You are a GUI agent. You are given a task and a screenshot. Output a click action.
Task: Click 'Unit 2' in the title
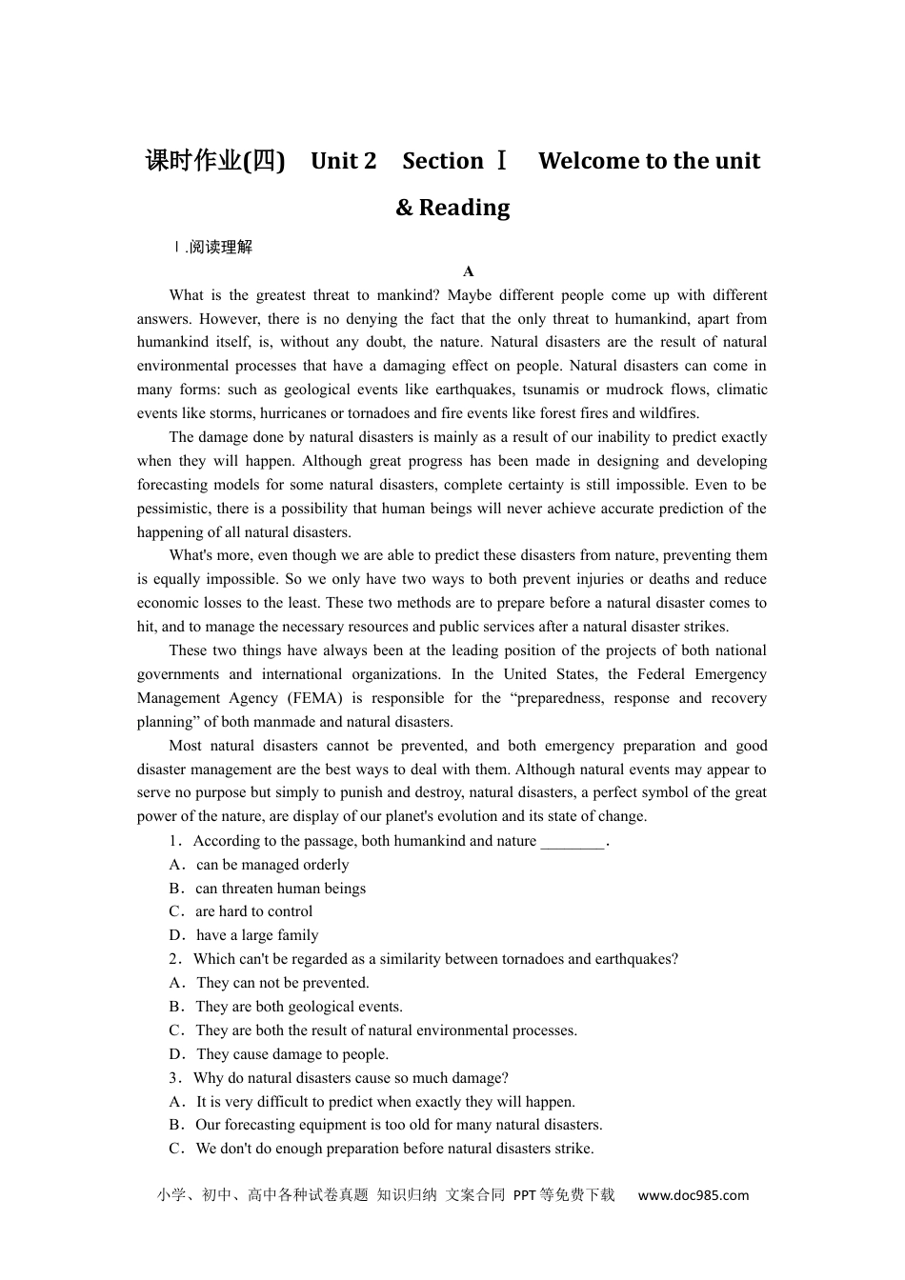point(343,161)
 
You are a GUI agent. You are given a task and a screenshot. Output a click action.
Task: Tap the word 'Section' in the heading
point(443,161)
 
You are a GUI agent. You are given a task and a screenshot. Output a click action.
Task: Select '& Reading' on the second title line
point(452,208)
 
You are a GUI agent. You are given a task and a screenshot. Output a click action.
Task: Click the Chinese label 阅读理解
point(220,248)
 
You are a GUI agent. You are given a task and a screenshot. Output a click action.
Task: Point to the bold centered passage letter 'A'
point(468,271)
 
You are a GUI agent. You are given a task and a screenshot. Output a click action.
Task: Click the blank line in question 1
point(573,841)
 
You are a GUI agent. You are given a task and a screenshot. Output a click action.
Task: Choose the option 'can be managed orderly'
point(272,865)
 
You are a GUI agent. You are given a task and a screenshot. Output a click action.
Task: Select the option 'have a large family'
point(257,935)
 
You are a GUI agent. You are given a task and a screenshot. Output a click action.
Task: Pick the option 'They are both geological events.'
point(299,1007)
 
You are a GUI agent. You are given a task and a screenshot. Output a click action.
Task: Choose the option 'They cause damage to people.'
point(292,1054)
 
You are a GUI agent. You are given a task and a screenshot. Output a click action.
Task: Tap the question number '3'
point(173,1078)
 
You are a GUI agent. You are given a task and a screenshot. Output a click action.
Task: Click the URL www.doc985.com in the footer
point(693,1195)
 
